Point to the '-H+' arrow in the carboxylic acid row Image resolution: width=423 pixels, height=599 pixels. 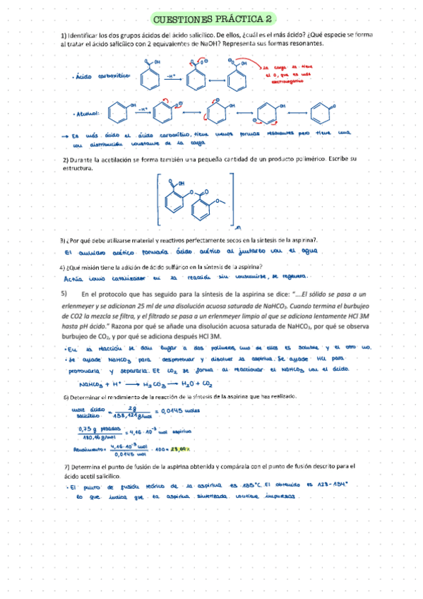172,74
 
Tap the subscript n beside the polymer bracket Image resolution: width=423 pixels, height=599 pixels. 239,226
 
